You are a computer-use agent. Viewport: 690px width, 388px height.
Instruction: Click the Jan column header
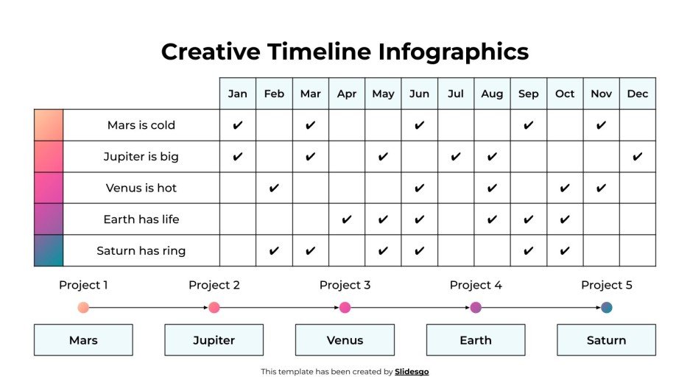[237, 94]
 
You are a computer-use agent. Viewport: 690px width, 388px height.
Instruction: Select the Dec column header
[638, 94]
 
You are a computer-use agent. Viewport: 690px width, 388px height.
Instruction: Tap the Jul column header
[456, 94]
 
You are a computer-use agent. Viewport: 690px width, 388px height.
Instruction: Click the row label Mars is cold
[141, 125]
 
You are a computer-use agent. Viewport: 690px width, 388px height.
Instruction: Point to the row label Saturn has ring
[141, 251]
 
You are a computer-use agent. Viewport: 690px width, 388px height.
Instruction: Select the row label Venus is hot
[141, 188]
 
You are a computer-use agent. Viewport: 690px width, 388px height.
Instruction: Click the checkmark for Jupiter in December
[638, 157]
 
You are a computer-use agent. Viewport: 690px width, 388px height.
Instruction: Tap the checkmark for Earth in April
[347, 219]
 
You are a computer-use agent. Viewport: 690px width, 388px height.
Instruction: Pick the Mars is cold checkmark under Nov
[601, 125]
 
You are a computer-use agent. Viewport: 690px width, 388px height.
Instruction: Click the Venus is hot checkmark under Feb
[274, 188]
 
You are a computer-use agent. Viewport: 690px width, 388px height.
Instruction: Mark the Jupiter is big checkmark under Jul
[456, 157]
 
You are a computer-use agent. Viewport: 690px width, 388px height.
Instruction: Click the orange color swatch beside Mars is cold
[49, 125]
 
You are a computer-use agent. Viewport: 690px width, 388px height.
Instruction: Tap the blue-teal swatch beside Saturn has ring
[49, 251]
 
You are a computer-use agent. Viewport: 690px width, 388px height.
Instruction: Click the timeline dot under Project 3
[345, 308]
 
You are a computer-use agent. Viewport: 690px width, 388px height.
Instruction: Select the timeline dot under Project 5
[606, 308]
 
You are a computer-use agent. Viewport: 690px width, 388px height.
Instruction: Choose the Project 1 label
[83, 285]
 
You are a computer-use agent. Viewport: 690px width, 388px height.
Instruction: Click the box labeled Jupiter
[214, 340]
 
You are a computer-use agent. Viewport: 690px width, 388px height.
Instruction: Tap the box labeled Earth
[476, 340]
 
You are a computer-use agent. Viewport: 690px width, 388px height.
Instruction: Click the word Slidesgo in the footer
[412, 372]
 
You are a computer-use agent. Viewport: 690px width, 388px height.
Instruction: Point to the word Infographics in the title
[454, 52]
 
